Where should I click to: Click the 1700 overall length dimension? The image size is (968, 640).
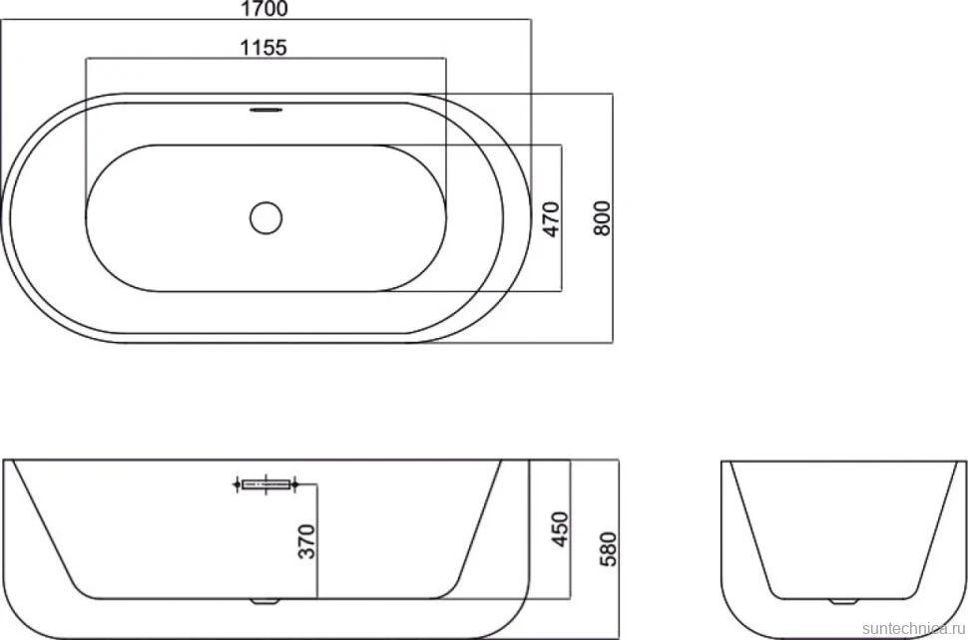[263, 9]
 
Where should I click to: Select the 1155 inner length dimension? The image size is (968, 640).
[263, 47]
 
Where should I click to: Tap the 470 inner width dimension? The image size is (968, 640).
[551, 219]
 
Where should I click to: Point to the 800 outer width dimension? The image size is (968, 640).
[602, 217]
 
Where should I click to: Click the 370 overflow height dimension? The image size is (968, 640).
[306, 541]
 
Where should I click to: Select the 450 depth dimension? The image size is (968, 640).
[559, 528]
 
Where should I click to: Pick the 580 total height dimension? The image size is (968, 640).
[608, 549]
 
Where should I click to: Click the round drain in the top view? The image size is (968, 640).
[266, 217]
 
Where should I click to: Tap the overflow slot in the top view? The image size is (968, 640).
[266, 111]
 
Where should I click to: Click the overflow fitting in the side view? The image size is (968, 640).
[266, 484]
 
